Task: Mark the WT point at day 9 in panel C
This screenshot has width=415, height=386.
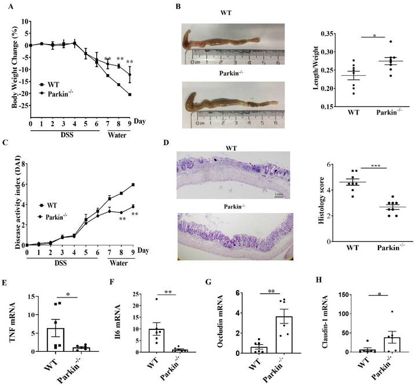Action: click(x=134, y=185)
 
